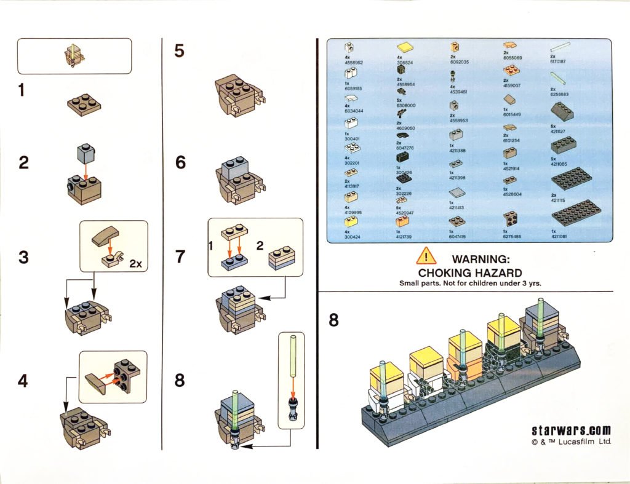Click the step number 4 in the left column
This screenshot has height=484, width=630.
[x=23, y=381]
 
